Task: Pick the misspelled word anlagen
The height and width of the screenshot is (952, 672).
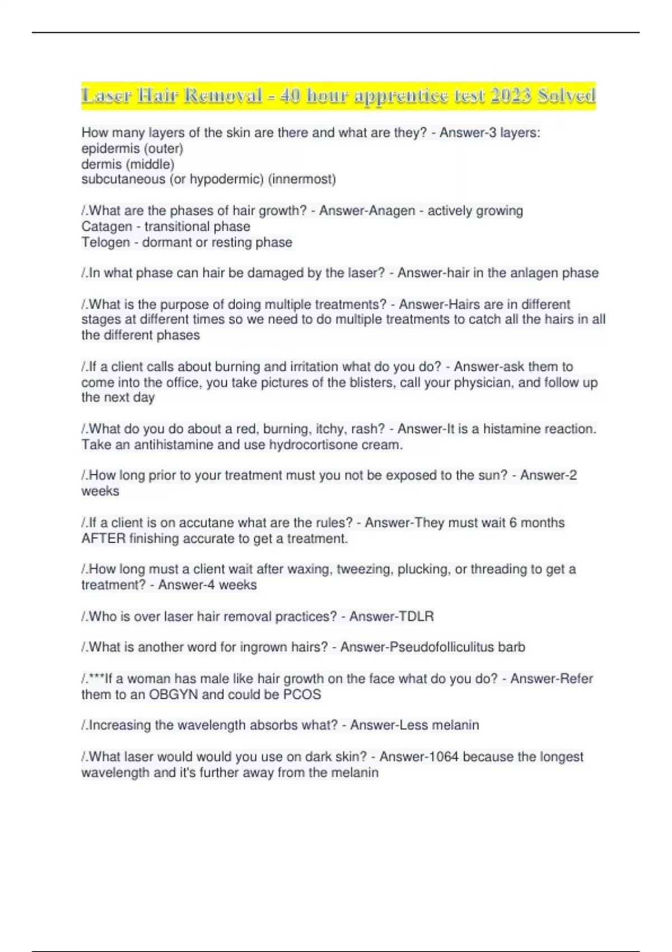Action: point(536,273)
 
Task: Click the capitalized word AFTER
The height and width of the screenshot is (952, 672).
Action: point(103,539)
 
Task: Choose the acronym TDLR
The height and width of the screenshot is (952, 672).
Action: point(415,617)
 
